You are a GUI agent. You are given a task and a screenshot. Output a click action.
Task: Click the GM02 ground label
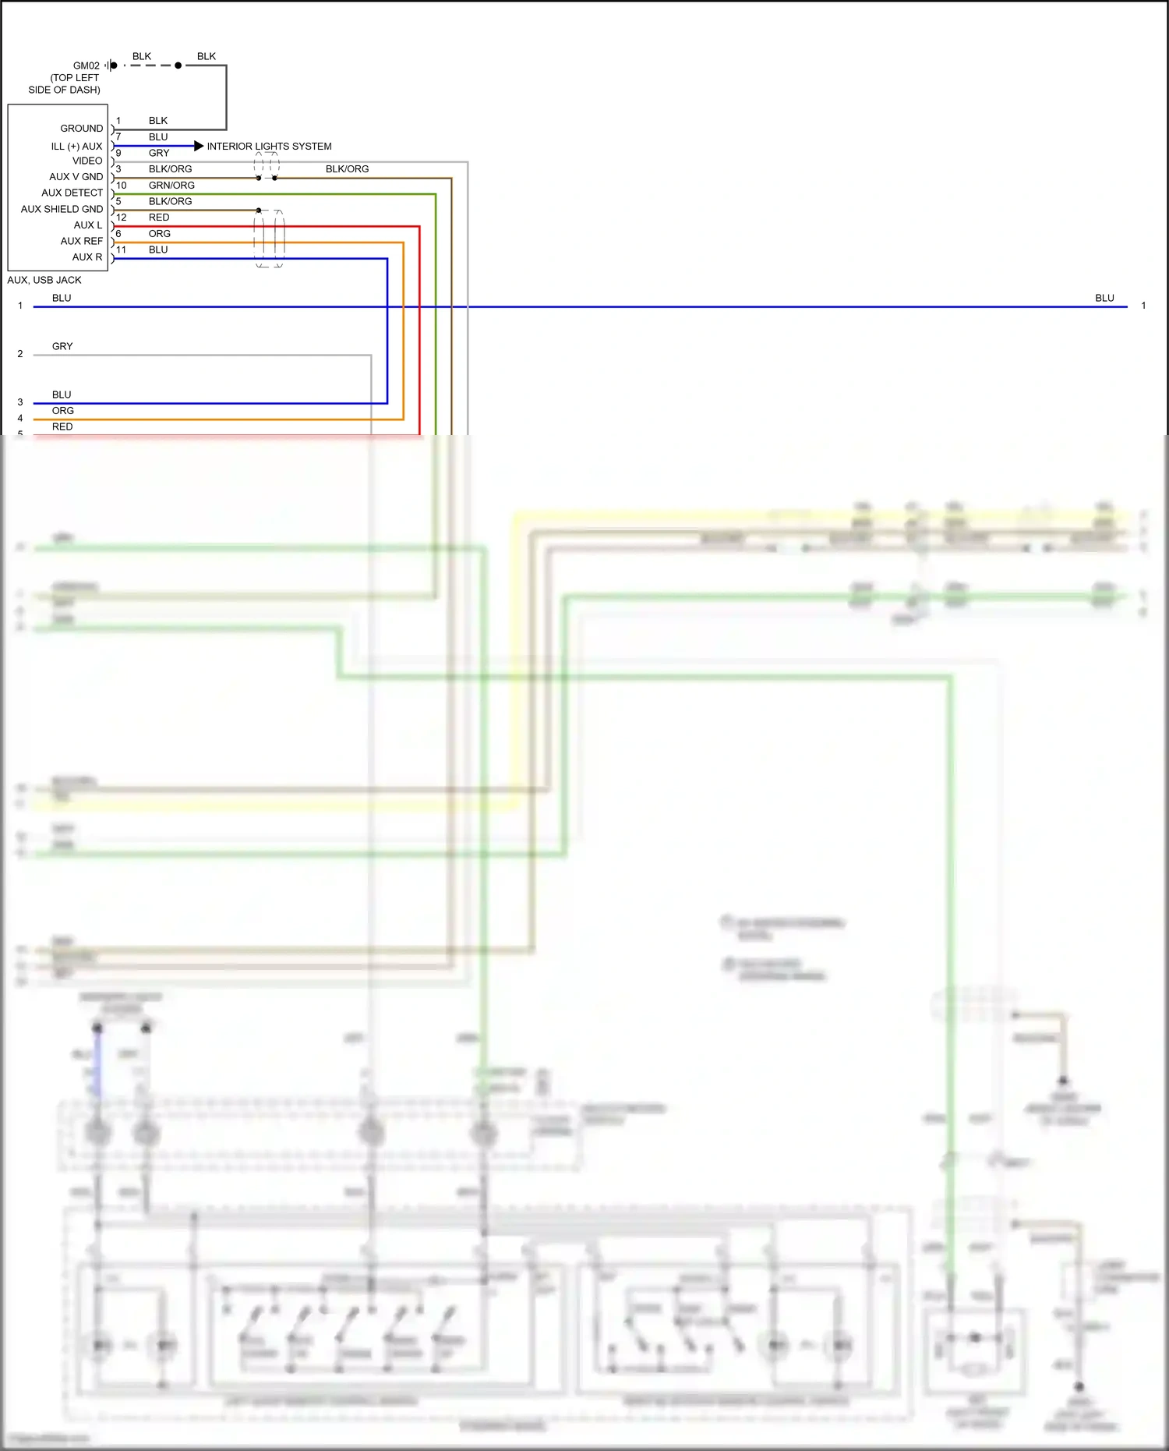click(86, 65)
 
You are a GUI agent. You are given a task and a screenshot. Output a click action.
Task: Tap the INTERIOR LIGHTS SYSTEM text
click(269, 146)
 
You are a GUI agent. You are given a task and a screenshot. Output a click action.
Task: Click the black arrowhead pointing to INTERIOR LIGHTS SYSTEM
click(199, 146)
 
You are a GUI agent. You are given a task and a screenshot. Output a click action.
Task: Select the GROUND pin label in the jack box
click(81, 128)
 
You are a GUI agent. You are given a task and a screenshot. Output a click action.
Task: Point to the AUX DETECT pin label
click(72, 193)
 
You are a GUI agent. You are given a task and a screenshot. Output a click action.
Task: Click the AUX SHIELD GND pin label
click(62, 209)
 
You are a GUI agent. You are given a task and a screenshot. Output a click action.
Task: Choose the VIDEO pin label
click(87, 161)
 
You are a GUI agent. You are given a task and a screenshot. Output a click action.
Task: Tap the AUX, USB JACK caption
click(44, 280)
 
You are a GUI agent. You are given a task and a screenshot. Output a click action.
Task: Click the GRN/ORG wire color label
click(171, 185)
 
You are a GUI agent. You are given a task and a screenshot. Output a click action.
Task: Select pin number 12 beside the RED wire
click(121, 218)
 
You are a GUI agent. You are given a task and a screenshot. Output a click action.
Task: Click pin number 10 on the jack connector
click(121, 186)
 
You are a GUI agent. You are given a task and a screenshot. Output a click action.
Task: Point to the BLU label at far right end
click(1104, 298)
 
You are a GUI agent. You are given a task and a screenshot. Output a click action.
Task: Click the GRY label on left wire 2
click(62, 346)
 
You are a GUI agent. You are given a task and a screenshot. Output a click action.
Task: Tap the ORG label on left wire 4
click(63, 411)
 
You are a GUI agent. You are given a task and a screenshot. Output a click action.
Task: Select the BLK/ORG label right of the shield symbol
click(347, 168)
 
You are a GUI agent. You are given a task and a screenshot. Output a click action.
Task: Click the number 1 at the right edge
click(1143, 306)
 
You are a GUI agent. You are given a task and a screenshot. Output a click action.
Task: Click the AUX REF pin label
click(81, 241)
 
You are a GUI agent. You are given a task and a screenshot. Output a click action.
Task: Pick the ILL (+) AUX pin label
click(76, 146)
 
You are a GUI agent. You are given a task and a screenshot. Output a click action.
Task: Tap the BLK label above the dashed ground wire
click(142, 56)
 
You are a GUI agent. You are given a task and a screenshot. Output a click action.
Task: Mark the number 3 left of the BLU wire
click(20, 402)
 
